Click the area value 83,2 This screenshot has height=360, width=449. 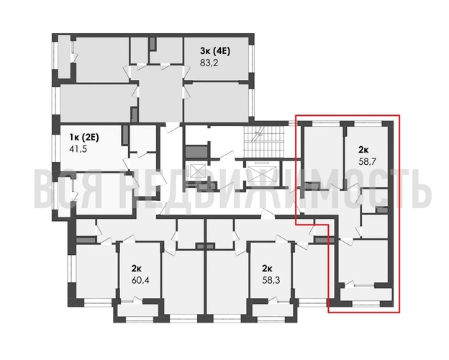tap(209, 62)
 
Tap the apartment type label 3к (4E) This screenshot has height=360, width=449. tap(216, 50)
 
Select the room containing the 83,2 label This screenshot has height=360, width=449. tap(216, 61)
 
